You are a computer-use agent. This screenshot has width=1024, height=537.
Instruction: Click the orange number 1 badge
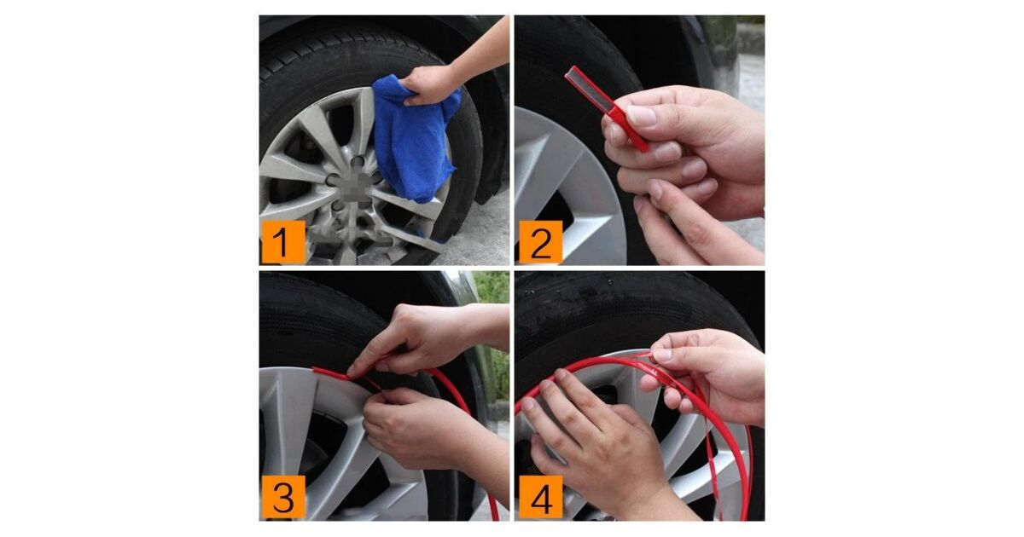click(283, 242)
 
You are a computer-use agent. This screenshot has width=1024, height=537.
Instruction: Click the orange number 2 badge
click(541, 242)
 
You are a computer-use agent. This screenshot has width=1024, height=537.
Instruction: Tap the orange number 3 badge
click(283, 497)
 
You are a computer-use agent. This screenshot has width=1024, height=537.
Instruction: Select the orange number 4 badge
click(541, 497)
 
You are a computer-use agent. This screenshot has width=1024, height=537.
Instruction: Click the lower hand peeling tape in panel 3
click(434, 434)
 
